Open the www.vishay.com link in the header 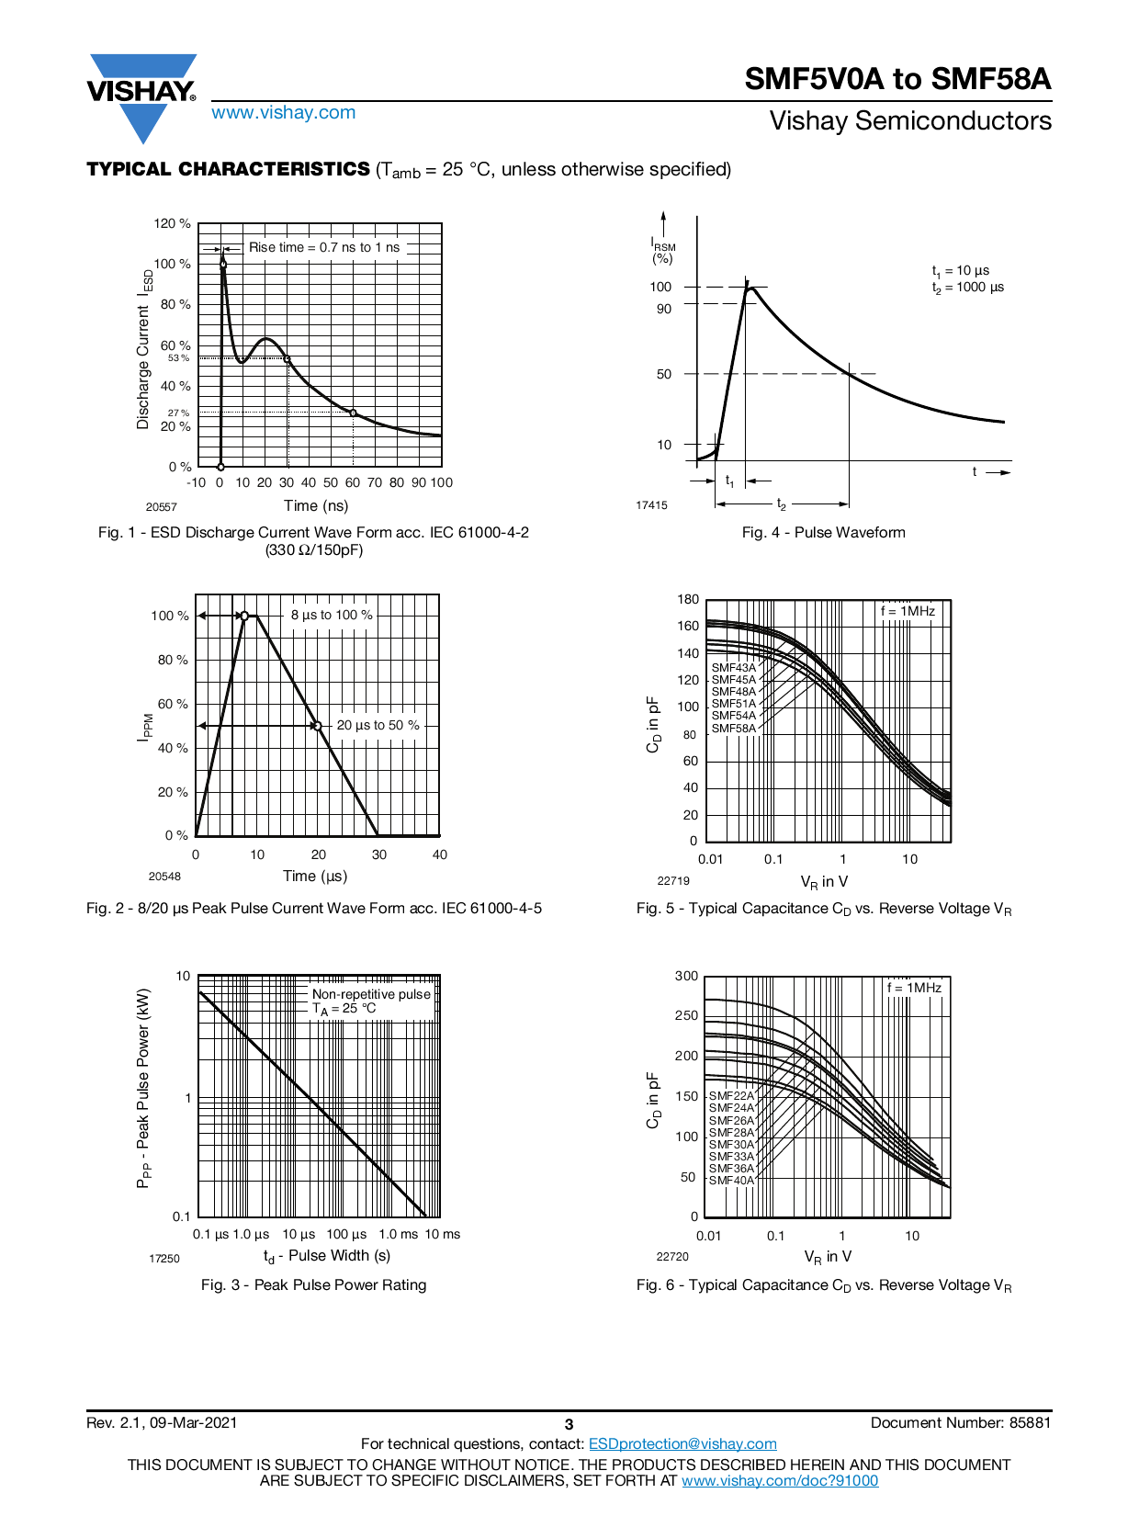click(283, 113)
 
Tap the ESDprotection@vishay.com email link click(682, 1444)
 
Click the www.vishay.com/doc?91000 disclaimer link click(780, 1480)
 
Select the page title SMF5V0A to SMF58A click(897, 79)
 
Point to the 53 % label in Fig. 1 click(178, 358)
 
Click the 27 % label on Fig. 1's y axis click(178, 413)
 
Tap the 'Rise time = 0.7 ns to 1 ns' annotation click(324, 247)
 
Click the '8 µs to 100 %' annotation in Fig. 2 click(332, 615)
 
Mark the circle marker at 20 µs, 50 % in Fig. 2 click(318, 726)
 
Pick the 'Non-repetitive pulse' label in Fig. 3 click(371, 994)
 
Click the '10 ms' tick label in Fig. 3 click(443, 1234)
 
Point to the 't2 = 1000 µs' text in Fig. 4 click(968, 288)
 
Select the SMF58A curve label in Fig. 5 click(734, 729)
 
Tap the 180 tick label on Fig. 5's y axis click(688, 599)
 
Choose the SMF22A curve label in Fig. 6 click(731, 1096)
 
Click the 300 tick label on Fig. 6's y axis click(686, 976)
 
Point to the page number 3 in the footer click(569, 1424)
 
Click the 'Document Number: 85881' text click(960, 1423)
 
